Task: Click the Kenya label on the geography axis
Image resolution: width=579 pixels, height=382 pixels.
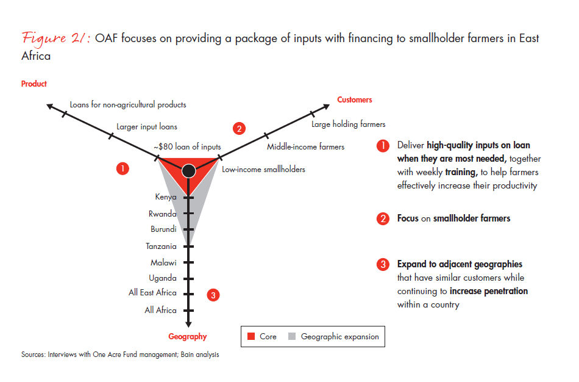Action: pyautogui.click(x=166, y=197)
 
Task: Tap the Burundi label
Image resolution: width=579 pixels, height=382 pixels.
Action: pyautogui.click(x=163, y=229)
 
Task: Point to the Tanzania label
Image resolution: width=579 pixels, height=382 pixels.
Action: pyautogui.click(x=161, y=247)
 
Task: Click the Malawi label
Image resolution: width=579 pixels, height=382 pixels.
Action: pyautogui.click(x=163, y=262)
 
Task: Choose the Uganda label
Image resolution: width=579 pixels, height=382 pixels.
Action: pyautogui.click(x=163, y=278)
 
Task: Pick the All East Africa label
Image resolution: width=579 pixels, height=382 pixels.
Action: pyautogui.click(x=152, y=293)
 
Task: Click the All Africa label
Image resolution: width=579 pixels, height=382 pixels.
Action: pyautogui.click(x=160, y=310)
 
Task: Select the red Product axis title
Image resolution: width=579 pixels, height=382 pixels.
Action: pyautogui.click(x=34, y=84)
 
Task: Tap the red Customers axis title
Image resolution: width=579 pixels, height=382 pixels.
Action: pyautogui.click(x=355, y=99)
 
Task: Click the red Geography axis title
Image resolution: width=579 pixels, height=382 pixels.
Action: pyautogui.click(x=188, y=336)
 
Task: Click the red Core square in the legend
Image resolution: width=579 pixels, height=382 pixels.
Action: pyautogui.click(x=251, y=337)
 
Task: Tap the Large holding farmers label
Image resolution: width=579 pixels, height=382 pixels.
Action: pyautogui.click(x=348, y=124)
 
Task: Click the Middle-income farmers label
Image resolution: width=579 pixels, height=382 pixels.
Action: pyautogui.click(x=305, y=146)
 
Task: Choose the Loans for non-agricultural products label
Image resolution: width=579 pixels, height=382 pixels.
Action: pyautogui.click(x=128, y=104)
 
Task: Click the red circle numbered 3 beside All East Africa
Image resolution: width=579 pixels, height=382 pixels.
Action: pyautogui.click(x=213, y=295)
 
